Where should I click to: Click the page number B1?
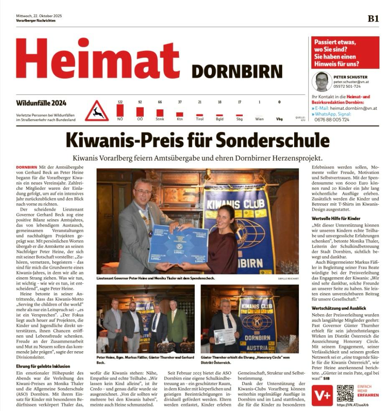pyautogui.click(x=373, y=18)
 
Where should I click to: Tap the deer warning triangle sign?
pyautogui.click(x=97, y=112)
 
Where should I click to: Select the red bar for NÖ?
pyautogui.click(x=120, y=111)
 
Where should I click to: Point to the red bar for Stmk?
pyautogui.click(x=160, y=113)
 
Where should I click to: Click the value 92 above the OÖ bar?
pyautogui.click(x=140, y=102)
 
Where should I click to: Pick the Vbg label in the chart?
pyautogui.click(x=279, y=119)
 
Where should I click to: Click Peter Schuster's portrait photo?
pyautogui.click(x=321, y=82)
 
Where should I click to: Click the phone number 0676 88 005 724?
pyautogui.click(x=332, y=119)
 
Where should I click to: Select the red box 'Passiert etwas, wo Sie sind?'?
pyautogui.click(x=345, y=53)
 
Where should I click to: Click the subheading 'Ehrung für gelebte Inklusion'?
pyautogui.click(x=43, y=366)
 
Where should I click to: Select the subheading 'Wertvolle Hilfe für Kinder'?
pyautogui.click(x=335, y=218)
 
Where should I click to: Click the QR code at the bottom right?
pyautogui.click(x=345, y=393)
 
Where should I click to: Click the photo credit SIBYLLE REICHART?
pyautogui.click(x=288, y=278)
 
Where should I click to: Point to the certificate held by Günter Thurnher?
pyautogui.click(x=224, y=336)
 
